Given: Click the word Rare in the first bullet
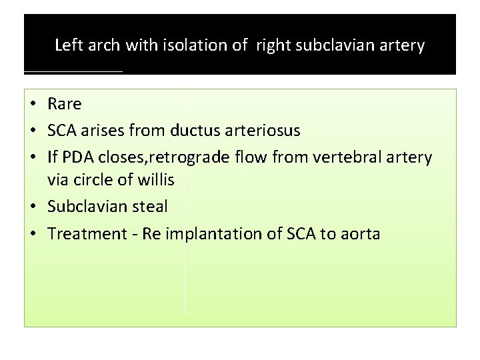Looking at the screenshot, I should click(x=65, y=104).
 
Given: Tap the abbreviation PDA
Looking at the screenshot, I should click(x=79, y=157).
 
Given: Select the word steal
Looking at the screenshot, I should click(x=151, y=207).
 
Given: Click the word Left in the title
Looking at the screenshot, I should click(x=67, y=45).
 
